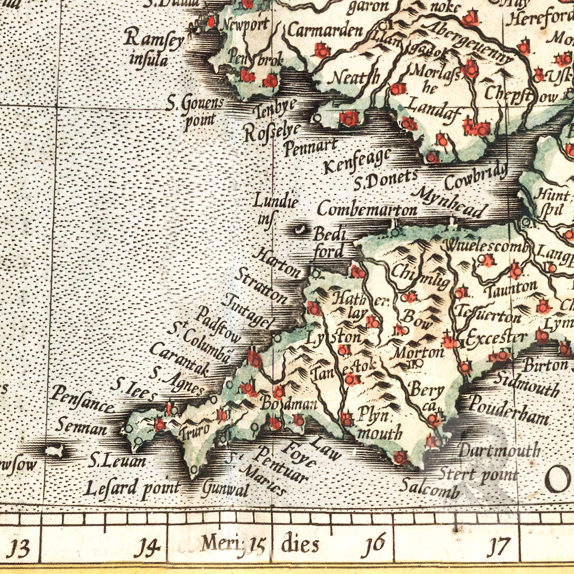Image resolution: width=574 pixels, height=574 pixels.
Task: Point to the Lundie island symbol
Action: pos(299,229)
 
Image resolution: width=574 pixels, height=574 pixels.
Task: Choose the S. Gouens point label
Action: pos(197,112)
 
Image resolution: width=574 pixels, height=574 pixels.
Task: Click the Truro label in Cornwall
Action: pos(195,432)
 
